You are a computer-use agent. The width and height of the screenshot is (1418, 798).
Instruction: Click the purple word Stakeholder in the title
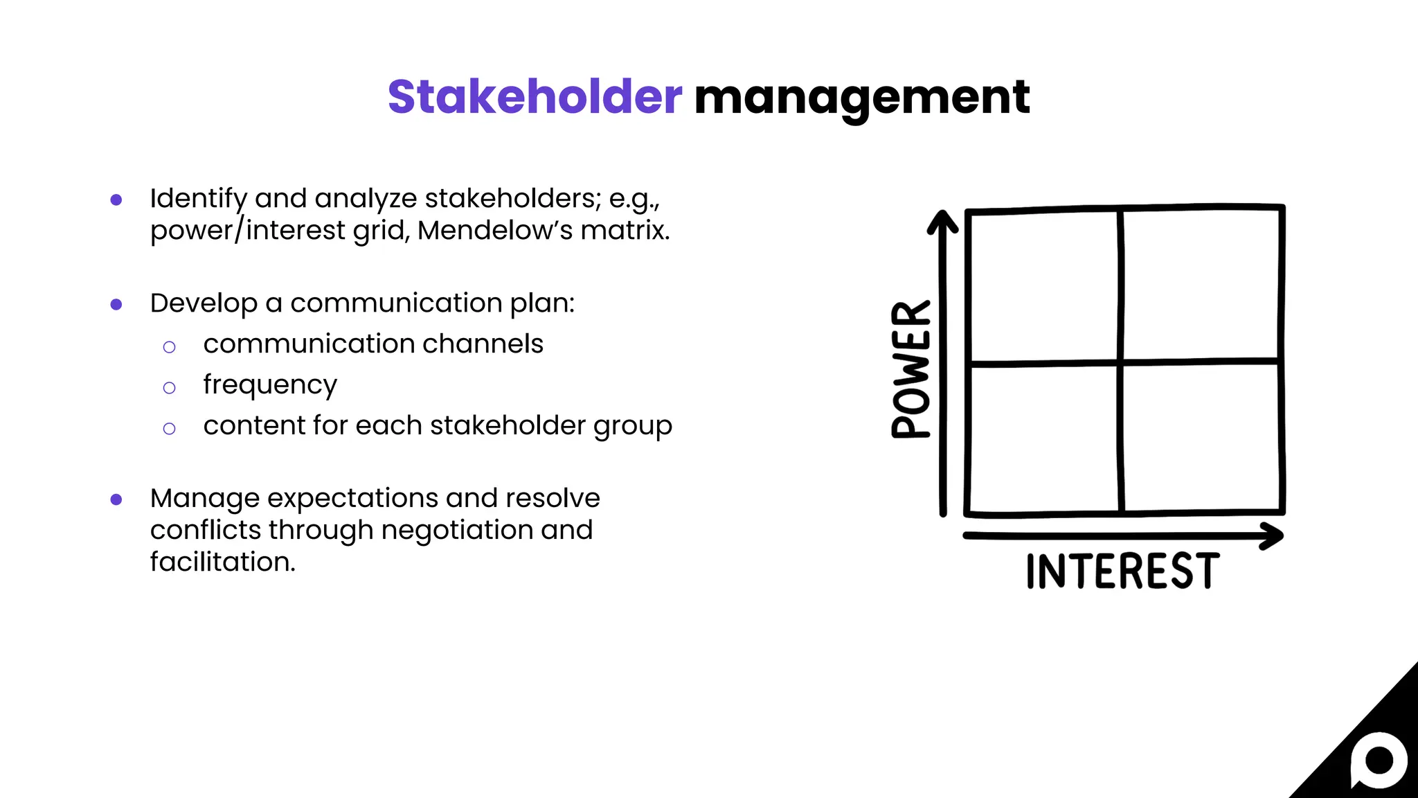pos(535,97)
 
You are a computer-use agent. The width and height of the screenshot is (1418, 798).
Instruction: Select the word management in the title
pos(861,98)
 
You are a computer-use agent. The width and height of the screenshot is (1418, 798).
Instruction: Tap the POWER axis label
pos(911,369)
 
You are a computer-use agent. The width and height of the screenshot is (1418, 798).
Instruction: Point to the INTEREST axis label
pos(1122,571)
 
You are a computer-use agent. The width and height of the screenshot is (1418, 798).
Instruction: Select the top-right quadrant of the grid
pos(1201,284)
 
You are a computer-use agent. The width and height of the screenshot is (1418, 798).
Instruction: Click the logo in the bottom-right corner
pos(1378,761)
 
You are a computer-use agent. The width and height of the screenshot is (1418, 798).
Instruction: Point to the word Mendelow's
pos(495,231)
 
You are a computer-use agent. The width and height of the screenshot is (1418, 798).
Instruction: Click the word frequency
pos(270,385)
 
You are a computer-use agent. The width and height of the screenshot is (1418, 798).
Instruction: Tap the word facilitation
pos(222,562)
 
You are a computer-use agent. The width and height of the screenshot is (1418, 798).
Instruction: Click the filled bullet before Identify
pos(116,199)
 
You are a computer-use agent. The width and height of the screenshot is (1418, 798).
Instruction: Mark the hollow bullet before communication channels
pos(169,347)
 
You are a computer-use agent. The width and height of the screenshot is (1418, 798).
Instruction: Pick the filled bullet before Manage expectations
pos(116,499)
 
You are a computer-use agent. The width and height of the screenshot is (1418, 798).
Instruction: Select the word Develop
pos(204,303)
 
